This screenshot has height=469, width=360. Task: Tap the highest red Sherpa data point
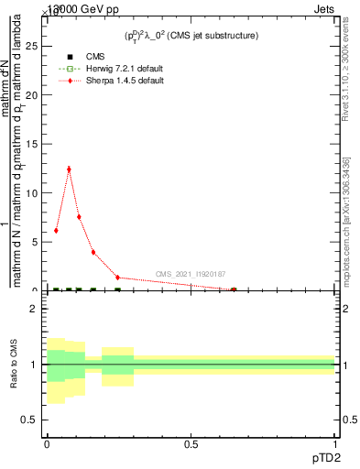click(x=69, y=169)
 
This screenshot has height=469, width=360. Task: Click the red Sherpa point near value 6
click(x=56, y=231)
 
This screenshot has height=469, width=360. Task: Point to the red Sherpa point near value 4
click(x=93, y=252)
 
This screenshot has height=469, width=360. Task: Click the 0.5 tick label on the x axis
click(x=191, y=444)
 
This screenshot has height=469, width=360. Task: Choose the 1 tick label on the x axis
click(x=335, y=444)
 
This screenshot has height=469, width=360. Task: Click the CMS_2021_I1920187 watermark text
click(x=190, y=274)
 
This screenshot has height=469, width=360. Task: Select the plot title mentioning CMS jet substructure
click(x=191, y=36)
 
